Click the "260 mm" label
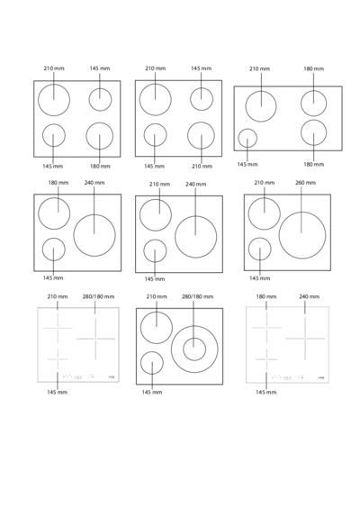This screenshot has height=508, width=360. tap(305, 183)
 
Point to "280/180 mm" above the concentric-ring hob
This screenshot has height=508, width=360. tap(197, 296)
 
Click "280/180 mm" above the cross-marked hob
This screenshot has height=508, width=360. tap(98, 296)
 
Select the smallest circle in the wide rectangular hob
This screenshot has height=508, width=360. tap(247, 129)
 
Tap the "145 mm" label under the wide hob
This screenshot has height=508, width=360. tap(247, 164)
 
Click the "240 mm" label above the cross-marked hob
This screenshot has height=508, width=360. tap(310, 296)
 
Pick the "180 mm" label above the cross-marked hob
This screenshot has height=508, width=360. tap(266, 296)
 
